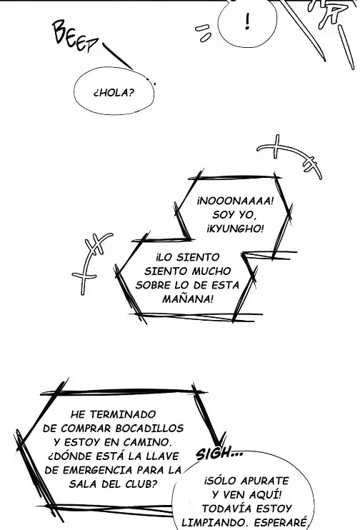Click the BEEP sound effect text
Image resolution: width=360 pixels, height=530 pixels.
[x=75, y=36]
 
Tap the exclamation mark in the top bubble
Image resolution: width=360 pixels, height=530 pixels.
[x=248, y=21]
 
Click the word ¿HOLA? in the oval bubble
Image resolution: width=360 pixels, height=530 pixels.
[x=114, y=93]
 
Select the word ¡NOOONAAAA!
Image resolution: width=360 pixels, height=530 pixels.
[x=235, y=201]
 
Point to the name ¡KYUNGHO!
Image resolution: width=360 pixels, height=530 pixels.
[x=235, y=229]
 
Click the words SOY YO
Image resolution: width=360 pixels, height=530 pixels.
[x=234, y=215]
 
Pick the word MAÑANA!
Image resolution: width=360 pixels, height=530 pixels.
[x=188, y=299]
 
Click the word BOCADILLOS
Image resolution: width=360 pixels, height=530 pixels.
[x=149, y=429]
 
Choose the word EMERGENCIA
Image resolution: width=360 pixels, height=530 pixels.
[x=98, y=470]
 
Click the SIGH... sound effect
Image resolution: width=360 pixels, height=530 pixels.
[x=219, y=454]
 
